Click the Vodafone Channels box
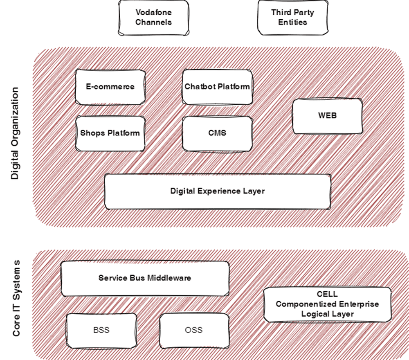pos(153,17)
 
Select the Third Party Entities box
pos(292,17)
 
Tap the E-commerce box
pos(110,87)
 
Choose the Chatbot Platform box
pos(217,87)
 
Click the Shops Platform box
pos(110,133)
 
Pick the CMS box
pos(217,133)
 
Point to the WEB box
pos(327,116)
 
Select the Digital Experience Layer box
pos(217,191)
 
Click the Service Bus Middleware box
pos(145,278)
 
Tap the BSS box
pos(101,330)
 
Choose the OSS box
pos(193,330)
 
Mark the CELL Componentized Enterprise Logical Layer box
pos(327,304)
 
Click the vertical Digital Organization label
pos(15,133)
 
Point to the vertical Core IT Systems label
pos(16,298)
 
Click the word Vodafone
pos(153,12)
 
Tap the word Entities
pos(292,22)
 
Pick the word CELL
pos(327,294)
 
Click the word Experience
pos(218,191)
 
